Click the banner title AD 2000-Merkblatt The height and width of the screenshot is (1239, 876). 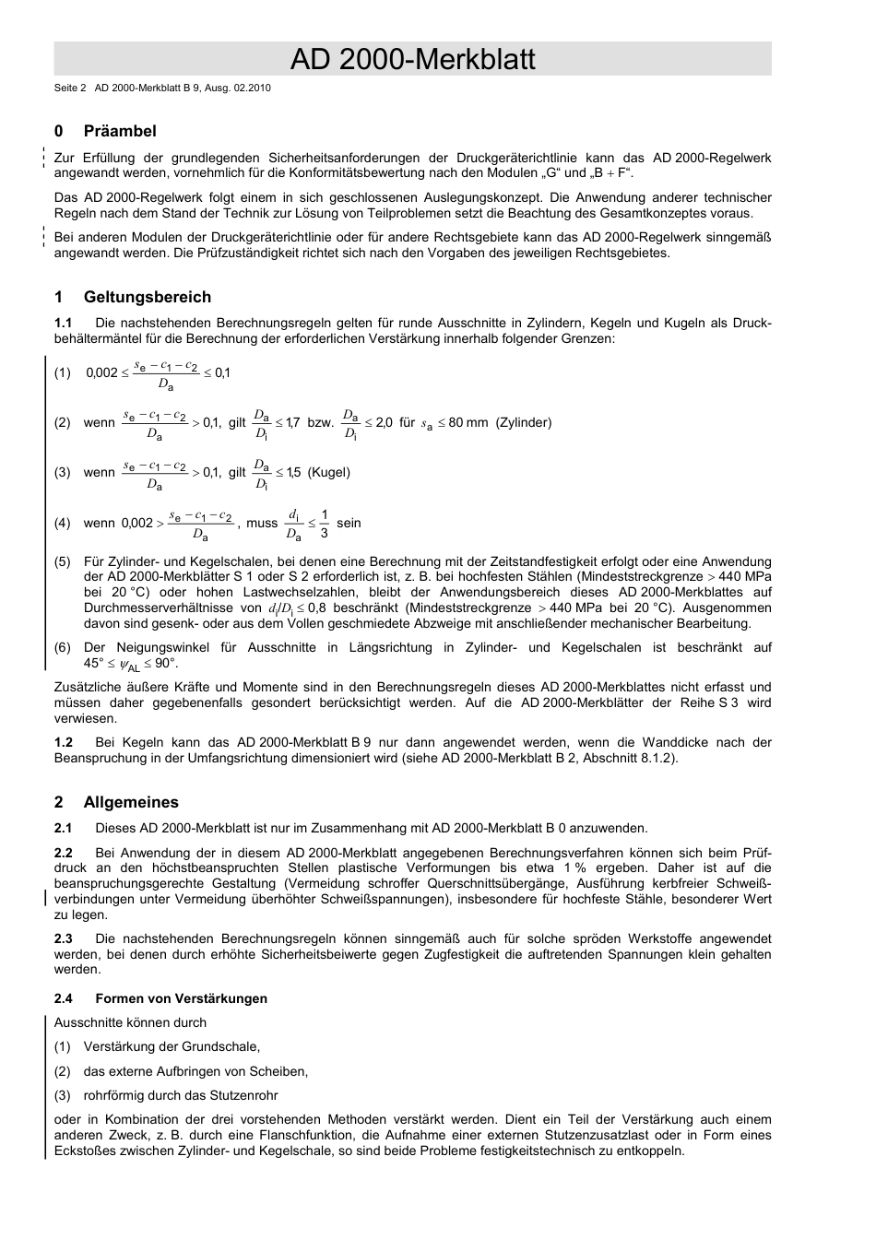(412, 60)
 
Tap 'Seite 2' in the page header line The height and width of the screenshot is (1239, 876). (70, 88)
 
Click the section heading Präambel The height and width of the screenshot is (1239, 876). (120, 131)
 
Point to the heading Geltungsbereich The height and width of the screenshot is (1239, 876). (147, 297)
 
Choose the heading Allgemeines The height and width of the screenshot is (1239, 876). (131, 802)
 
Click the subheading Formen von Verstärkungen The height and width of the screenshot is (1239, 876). (181, 998)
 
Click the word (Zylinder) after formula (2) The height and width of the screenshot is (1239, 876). (524, 422)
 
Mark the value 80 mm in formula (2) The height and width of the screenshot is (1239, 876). (468, 422)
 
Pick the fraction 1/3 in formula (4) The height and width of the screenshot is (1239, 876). (324, 524)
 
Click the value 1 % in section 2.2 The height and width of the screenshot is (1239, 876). (574, 867)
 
